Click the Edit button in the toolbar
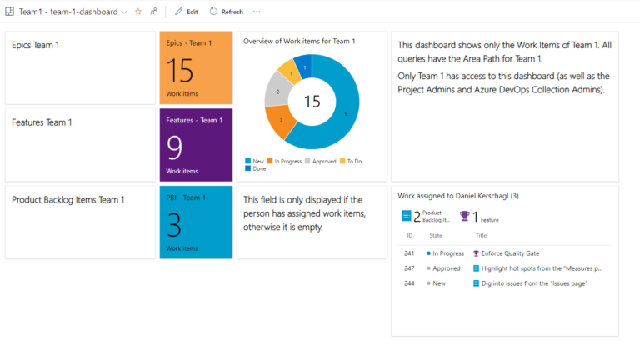tap(187, 12)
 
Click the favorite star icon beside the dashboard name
tap(138, 12)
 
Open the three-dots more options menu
tap(257, 12)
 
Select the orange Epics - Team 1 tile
tap(196, 68)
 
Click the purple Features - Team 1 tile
tap(196, 143)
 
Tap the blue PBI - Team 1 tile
tap(196, 222)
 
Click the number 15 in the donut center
tap(312, 102)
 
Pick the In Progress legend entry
tap(284, 161)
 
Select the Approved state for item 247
tap(446, 268)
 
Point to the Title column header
tap(481, 236)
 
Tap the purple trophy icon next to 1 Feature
tap(464, 217)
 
